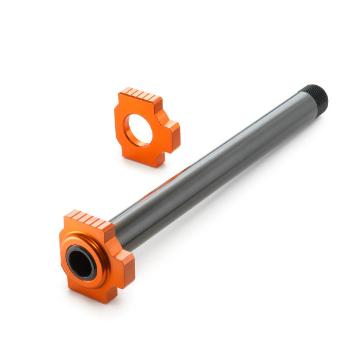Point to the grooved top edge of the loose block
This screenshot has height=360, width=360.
(x=140, y=96)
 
